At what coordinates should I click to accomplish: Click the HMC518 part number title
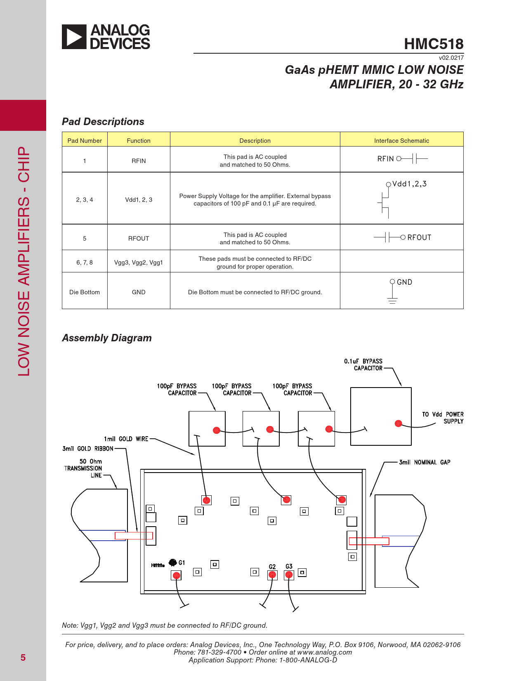434,44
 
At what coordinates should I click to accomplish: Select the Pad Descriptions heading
103,122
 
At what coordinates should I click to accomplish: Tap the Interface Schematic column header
401,141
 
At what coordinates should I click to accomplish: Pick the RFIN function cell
139,161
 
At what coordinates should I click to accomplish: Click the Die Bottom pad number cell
85,292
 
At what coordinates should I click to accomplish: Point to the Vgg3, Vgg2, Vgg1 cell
139,262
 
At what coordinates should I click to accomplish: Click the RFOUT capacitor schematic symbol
387,237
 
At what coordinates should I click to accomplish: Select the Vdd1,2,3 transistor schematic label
409,184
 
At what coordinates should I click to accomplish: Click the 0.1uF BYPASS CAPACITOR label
363,364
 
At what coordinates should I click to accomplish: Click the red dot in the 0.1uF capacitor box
398,423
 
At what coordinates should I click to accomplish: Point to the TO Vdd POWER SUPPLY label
443,418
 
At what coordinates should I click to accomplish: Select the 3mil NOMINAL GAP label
425,462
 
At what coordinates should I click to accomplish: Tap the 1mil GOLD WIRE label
126,439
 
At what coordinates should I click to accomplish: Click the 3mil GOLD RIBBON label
88,449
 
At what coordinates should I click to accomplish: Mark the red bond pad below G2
272,575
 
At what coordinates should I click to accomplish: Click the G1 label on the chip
182,563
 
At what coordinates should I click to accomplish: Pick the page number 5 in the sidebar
23,657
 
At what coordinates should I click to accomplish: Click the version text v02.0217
451,58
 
